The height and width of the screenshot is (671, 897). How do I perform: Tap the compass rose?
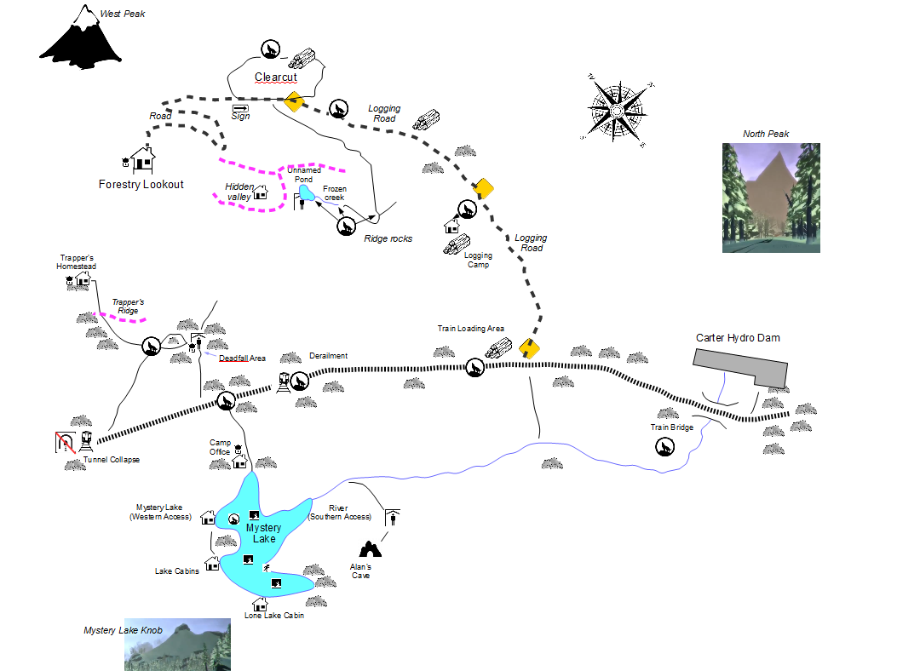[x=618, y=110]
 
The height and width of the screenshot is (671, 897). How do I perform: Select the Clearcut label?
[x=276, y=77]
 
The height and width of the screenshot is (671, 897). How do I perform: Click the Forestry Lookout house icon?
[x=143, y=159]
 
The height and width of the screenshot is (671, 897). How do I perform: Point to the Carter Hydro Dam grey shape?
[x=741, y=368]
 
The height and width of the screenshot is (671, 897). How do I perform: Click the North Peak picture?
[x=771, y=198]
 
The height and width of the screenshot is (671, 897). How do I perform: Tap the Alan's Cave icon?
[x=370, y=549]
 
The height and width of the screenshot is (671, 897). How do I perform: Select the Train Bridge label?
[x=671, y=427]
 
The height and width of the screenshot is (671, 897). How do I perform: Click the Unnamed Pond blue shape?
[x=306, y=192]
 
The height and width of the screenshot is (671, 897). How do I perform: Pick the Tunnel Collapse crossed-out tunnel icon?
[x=66, y=442]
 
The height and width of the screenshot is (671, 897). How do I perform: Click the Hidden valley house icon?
[x=261, y=192]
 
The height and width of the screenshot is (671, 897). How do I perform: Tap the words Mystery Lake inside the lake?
[x=264, y=533]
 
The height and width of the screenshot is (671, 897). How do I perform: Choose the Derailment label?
[x=328, y=356]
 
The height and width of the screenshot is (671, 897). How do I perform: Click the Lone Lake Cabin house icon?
[x=260, y=604]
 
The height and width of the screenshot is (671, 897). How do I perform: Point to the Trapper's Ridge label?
[x=128, y=306]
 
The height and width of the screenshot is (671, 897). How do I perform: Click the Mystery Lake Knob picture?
[x=177, y=644]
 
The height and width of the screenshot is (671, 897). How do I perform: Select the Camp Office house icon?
[x=239, y=461]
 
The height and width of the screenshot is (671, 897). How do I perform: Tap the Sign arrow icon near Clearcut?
[x=241, y=107]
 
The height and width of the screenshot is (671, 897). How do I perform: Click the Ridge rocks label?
[x=388, y=238]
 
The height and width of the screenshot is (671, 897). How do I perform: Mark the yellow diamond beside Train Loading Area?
[x=529, y=348]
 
